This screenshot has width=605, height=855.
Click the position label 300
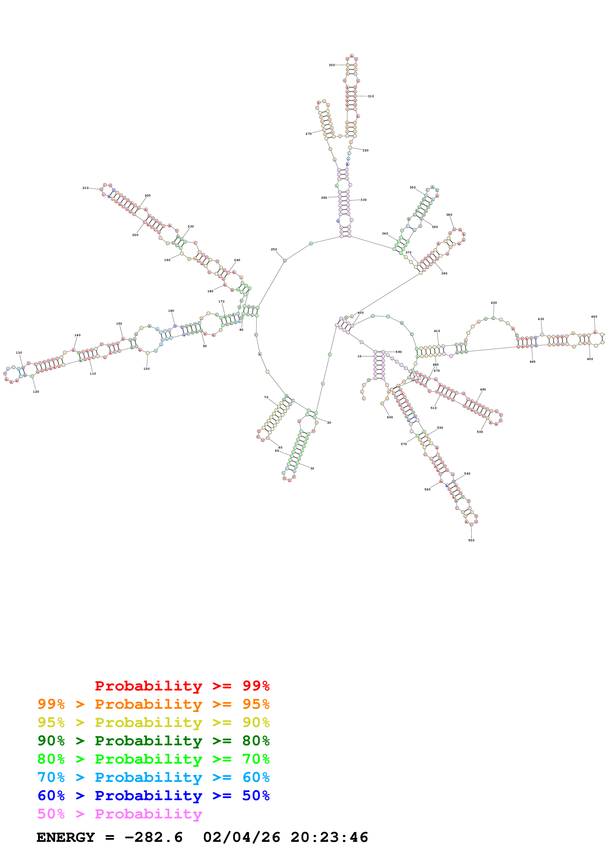331,65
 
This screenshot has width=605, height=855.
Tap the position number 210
85,188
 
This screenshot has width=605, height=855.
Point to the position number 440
594,317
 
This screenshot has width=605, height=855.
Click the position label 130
19,353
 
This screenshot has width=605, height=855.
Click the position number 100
146,369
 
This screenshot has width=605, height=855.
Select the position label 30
312,468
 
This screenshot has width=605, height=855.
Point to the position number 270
308,134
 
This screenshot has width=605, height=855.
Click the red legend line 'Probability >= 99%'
182,686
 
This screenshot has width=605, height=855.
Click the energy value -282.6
153,837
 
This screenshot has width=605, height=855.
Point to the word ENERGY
66,837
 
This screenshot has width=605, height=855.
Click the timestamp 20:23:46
329,837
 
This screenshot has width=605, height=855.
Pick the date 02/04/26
242,837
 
